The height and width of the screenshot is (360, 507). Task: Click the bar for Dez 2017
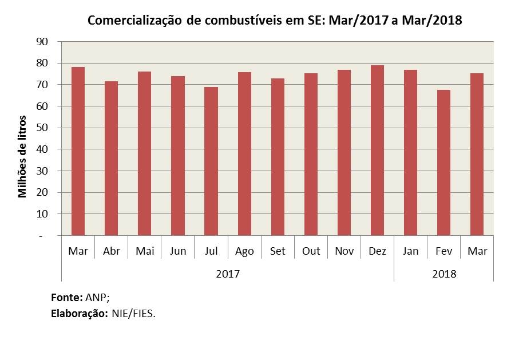pos(378,151)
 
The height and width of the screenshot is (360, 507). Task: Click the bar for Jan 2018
pos(411,152)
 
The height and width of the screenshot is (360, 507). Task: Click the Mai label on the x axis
pos(144,251)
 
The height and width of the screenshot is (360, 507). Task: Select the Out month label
pos(311,251)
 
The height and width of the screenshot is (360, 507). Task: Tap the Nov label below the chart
pos(344,251)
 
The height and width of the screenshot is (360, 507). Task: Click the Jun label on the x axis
pos(177,251)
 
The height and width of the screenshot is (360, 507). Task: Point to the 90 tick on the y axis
pos(42,42)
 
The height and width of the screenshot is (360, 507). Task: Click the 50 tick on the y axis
pos(42,128)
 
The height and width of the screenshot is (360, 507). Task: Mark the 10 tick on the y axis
pos(42,214)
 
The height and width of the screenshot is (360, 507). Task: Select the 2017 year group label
pos(228,273)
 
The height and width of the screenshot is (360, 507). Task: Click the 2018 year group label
pos(444,273)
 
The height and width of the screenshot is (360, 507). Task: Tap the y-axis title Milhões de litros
pos(23,156)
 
